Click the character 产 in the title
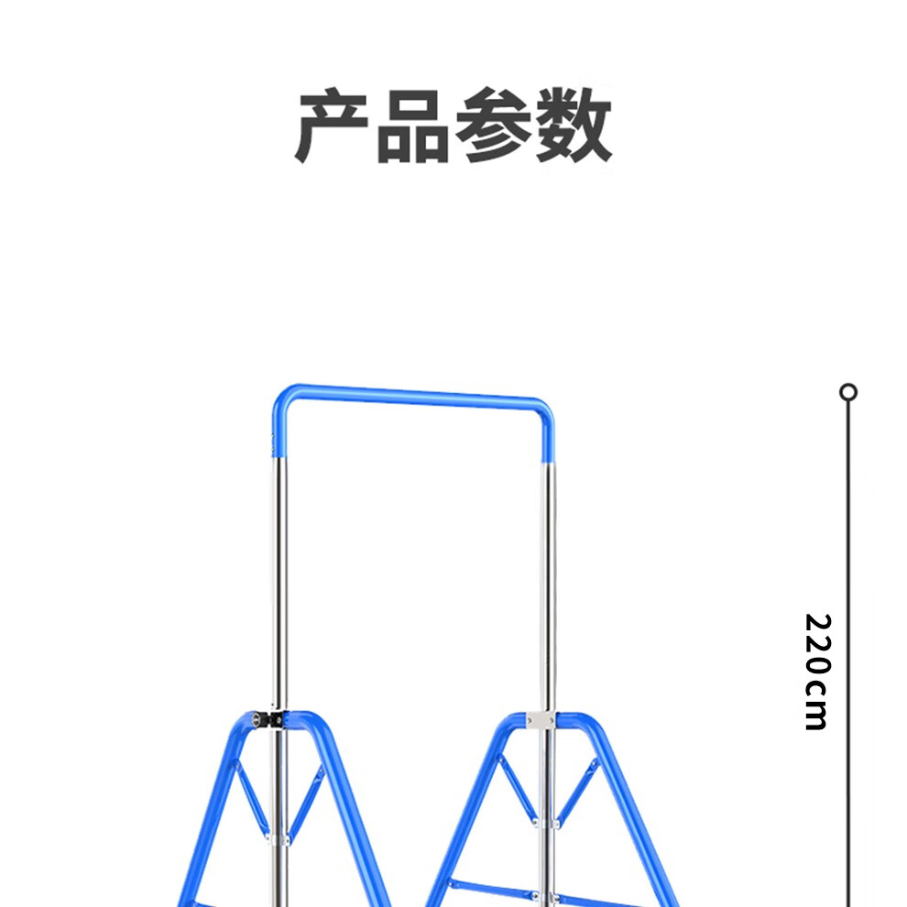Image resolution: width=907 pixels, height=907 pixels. (333, 126)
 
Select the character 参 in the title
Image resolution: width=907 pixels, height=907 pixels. (495, 126)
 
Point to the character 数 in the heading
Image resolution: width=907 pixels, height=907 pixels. (574, 126)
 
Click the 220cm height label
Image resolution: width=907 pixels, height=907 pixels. (815, 671)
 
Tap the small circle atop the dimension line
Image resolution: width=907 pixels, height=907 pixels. (848, 392)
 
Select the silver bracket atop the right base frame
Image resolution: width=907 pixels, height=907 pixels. (541, 721)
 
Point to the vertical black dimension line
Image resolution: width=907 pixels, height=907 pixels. (848, 513)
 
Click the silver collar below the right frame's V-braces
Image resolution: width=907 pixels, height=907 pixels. (546, 823)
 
